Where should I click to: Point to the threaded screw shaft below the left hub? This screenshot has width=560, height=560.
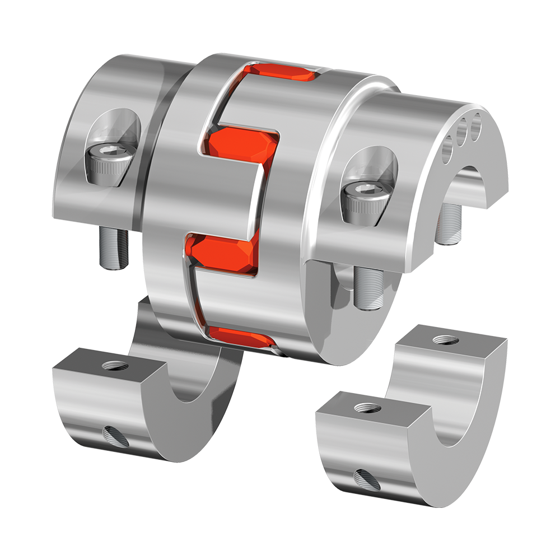114,247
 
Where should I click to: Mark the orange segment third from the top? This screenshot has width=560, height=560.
224,255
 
